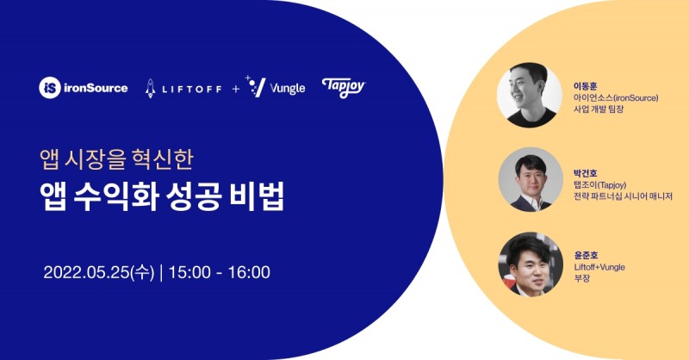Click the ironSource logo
click(x=84, y=87)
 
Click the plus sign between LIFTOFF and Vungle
click(x=235, y=88)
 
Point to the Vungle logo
click(x=276, y=87)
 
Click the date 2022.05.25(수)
click(x=99, y=273)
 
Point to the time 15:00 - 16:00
click(x=219, y=273)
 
